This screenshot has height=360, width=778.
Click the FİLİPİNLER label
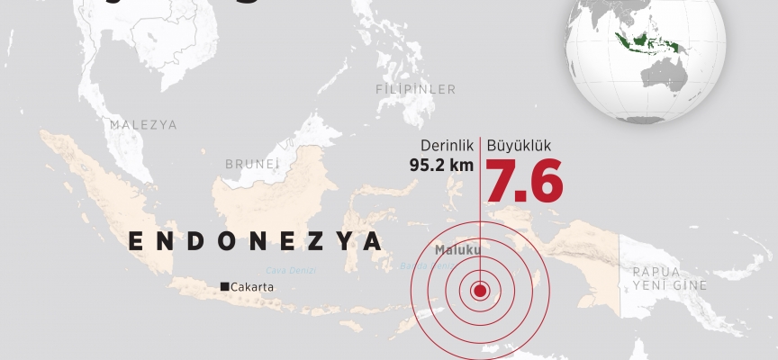pos(416,89)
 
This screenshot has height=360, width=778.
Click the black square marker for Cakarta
pos(224,287)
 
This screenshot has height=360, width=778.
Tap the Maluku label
pos(457,249)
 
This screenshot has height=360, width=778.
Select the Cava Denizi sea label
pos(291,269)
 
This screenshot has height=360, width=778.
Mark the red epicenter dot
pos(479,291)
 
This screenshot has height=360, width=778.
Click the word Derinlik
pos(447,145)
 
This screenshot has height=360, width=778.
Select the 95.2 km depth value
pos(440,165)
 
